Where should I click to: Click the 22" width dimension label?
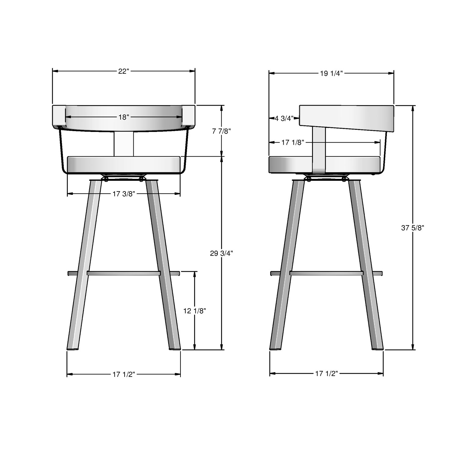coord(124,71)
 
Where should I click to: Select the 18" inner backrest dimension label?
coord(124,117)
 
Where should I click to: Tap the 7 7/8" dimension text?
coord(221,131)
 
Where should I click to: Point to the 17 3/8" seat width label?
coord(124,194)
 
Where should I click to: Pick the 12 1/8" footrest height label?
coord(195,311)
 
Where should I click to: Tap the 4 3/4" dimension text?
coord(284,118)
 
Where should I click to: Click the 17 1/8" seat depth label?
coord(293,142)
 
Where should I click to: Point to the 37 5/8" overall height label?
coord(413,227)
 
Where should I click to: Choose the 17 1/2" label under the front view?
coord(124,374)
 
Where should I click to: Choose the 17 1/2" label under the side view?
coord(326,373)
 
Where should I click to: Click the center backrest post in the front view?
coord(124,144)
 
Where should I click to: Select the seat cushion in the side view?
coord(290,165)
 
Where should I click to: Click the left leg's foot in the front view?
coord(73,347)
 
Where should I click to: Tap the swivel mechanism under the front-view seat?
coord(124,178)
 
